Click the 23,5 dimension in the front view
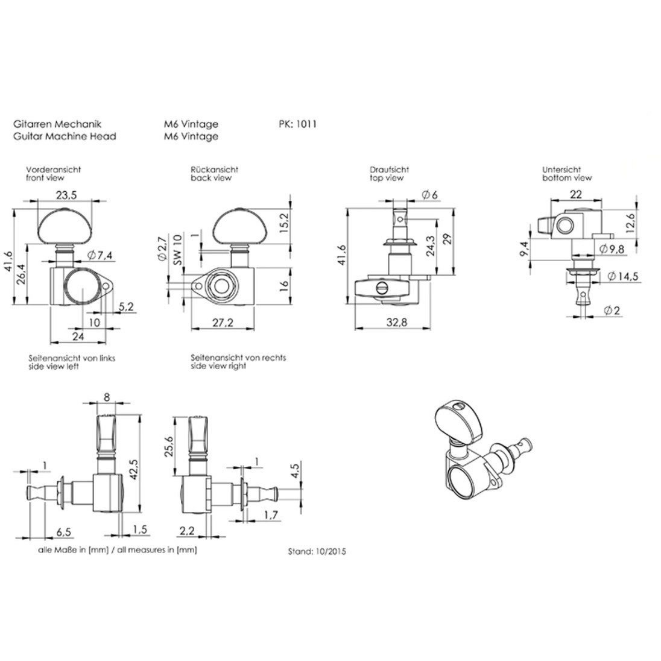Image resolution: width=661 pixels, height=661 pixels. [x=66, y=195]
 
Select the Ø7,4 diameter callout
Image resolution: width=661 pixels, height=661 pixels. [x=100, y=255]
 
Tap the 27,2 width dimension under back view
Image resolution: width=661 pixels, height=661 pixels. [x=223, y=323]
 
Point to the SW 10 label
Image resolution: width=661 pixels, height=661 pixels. [x=178, y=250]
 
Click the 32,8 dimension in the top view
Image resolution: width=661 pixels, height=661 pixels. [x=397, y=323]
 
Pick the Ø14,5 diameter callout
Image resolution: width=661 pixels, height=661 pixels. [x=622, y=276]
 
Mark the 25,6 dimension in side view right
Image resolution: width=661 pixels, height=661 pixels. [x=169, y=446]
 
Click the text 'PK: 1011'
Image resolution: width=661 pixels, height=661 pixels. [x=297, y=124]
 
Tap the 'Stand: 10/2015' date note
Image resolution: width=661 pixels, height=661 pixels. [x=317, y=551]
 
